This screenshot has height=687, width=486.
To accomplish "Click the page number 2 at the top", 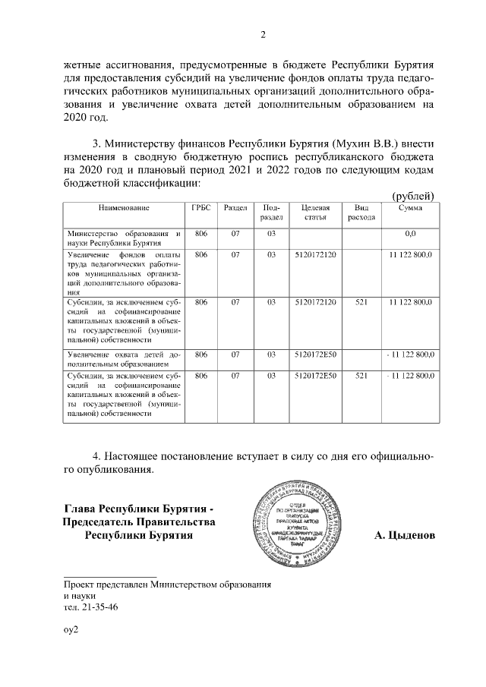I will pyautogui.click(x=263, y=34).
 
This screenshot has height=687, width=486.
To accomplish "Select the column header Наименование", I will pyautogui.click(x=124, y=207).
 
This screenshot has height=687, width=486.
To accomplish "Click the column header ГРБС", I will pyautogui.click(x=201, y=207).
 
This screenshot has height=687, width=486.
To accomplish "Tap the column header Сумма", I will pyautogui.click(x=410, y=207).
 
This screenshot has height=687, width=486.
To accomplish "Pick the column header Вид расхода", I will pyautogui.click(x=361, y=212).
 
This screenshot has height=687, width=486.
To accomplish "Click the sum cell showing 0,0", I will pyautogui.click(x=411, y=234).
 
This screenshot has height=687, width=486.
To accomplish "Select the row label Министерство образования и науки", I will pyautogui.click(x=124, y=238).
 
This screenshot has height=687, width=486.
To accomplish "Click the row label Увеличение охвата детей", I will pyautogui.click(x=124, y=359).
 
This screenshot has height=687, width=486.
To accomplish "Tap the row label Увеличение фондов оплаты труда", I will pyautogui.click(x=124, y=273).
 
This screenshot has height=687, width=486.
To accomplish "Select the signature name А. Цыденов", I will pyautogui.click(x=405, y=536).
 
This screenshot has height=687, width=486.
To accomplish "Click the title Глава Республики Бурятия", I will pyautogui.click(x=140, y=509).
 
